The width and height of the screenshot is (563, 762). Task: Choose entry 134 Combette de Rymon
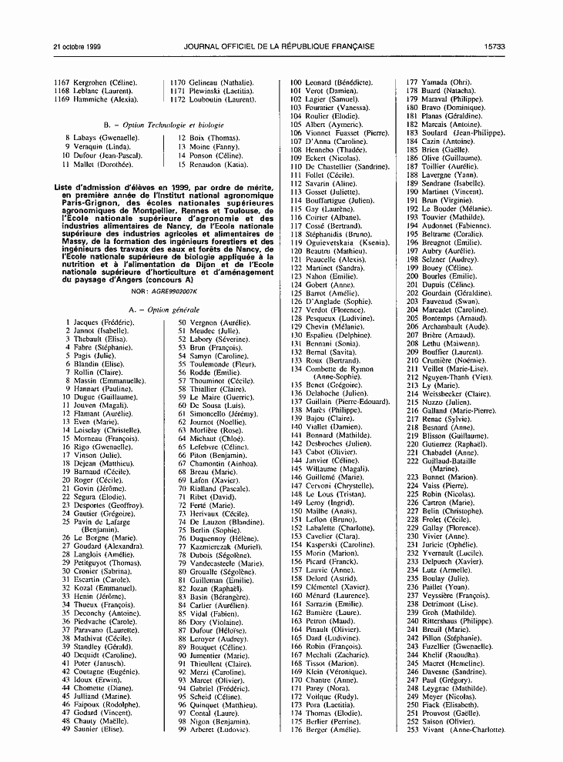coord(340,369)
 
